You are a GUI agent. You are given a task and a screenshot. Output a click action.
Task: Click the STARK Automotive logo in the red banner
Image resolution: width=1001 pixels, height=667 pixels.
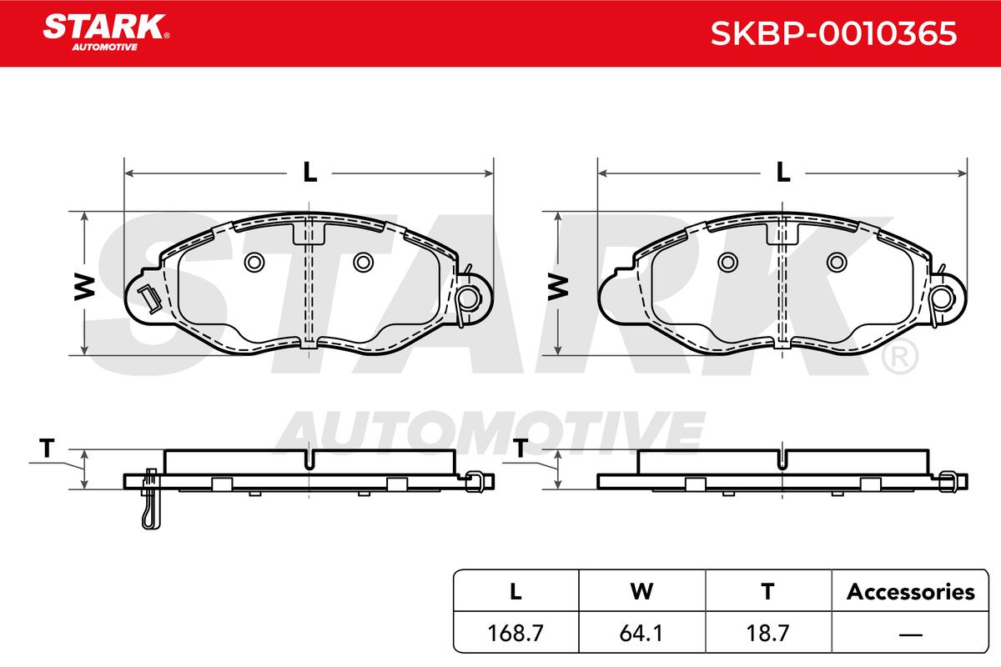click(106, 33)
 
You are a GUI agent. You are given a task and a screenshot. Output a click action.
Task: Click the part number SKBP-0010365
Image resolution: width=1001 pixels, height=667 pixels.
click(834, 33)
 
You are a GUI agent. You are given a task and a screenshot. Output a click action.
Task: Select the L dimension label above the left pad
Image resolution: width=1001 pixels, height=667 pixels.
click(309, 173)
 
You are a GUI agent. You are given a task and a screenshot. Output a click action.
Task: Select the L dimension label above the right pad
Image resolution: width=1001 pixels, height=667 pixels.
click(783, 173)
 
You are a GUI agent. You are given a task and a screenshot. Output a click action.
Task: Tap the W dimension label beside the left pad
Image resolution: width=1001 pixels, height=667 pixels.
click(85, 288)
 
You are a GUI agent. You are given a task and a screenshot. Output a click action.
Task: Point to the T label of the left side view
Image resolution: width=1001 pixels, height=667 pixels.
click(47, 448)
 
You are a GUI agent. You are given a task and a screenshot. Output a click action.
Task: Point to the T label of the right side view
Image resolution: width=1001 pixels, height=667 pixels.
click(521, 448)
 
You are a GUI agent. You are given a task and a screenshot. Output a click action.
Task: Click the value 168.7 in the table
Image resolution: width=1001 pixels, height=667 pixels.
click(516, 633)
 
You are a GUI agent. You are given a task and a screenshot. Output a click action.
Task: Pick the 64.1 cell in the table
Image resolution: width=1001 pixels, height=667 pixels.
click(641, 633)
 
